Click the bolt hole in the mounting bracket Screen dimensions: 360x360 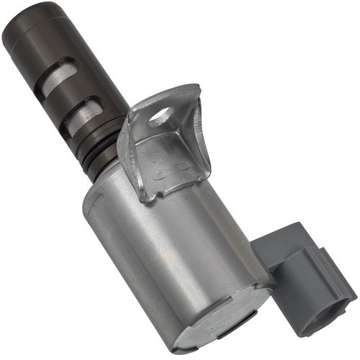[160, 114]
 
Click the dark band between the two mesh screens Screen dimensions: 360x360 [72, 101]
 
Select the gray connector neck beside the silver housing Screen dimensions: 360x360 [266, 248]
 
